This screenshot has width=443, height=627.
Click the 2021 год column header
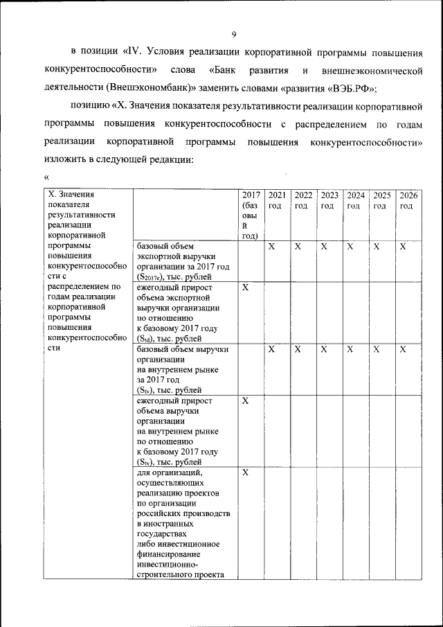point(277,200)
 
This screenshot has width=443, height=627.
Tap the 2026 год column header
point(407,200)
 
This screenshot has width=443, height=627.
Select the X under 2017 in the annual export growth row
point(246,287)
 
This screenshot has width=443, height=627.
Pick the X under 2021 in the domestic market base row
point(272,350)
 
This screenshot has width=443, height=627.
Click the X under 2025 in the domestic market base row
point(377,350)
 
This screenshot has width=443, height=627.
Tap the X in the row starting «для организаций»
point(246,473)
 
